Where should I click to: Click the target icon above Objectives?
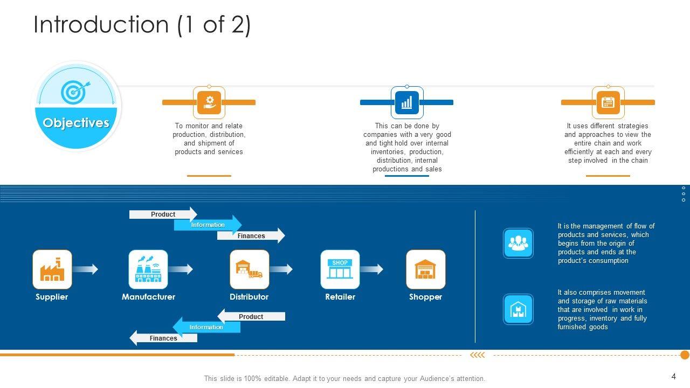(75, 92)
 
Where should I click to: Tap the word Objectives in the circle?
(76, 122)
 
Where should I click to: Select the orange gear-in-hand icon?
(209, 102)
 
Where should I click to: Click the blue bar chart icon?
(407, 102)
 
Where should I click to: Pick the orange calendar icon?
(608, 102)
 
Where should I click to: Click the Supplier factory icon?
(52, 269)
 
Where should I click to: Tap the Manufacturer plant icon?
(148, 269)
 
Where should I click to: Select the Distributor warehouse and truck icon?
(250, 269)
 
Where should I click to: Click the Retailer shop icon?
(340, 269)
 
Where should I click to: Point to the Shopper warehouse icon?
(426, 269)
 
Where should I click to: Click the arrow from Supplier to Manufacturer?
(85, 269)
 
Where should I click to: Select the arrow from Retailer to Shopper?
(371, 269)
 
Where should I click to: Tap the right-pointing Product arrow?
(163, 214)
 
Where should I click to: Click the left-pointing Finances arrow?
(163, 338)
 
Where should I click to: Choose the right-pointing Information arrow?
(208, 225)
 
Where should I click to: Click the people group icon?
(518, 243)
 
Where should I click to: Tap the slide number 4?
(674, 376)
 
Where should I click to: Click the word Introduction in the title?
(101, 24)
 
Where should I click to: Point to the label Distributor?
(249, 297)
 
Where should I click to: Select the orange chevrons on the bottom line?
(478, 355)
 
